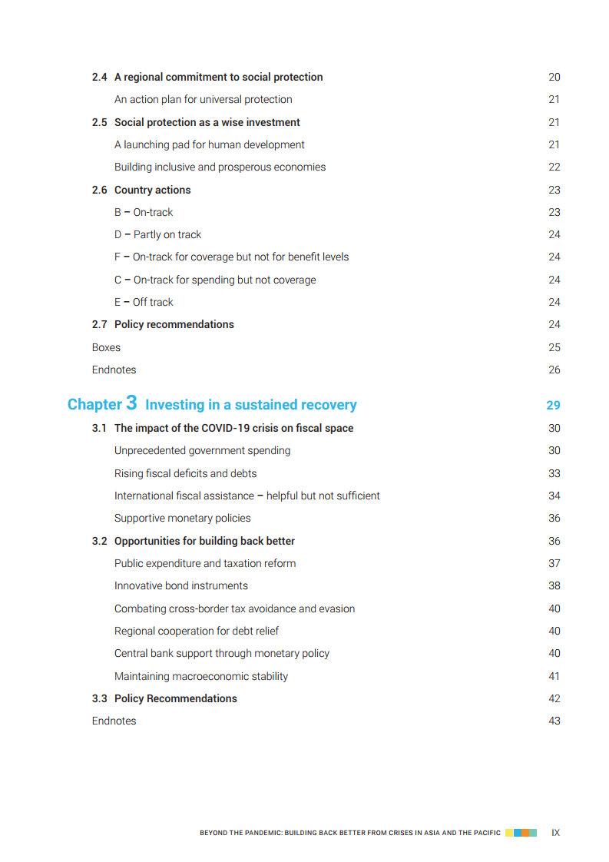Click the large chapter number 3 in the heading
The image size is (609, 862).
coord(131,403)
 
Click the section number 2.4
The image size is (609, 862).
coord(100,77)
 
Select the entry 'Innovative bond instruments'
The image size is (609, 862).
coord(181,585)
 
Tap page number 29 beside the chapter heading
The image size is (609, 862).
coord(553,405)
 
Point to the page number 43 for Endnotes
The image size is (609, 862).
coord(554,721)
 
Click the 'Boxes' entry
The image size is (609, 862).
coord(106,347)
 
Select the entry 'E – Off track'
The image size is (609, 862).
coord(144,302)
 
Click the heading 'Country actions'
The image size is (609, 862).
coord(152,190)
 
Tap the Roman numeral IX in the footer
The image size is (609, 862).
coord(556,832)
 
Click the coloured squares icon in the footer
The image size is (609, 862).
coord(521,832)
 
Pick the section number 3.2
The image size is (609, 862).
coord(100,541)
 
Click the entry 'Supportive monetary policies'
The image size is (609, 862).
coord(183,518)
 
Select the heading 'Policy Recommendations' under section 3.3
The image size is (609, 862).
coord(176,698)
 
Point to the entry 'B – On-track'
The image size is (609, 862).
coord(144,212)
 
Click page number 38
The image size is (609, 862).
coord(554,585)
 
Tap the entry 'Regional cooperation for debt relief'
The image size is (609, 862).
coord(197,631)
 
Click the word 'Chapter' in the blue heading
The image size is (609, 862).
coord(94,405)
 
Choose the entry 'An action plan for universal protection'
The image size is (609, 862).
coord(204,99)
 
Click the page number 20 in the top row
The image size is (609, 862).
coord(554,77)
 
